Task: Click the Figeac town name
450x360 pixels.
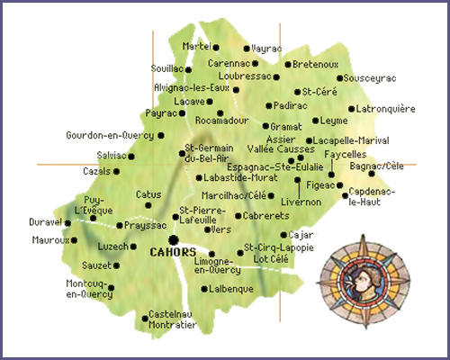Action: coord(320,185)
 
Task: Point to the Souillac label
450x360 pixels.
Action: coord(166,68)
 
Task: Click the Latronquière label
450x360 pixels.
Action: coord(385,108)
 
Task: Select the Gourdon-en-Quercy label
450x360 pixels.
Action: coord(109,136)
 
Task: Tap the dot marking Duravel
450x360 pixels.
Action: coord(67,223)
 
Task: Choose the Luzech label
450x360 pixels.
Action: coord(112,246)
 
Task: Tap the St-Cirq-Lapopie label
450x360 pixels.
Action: coord(273,247)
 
